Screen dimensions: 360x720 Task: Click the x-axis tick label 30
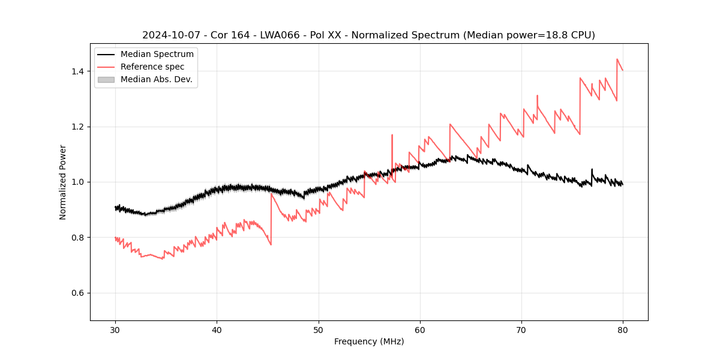click(x=115, y=329)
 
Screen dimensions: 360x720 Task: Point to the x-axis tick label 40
click(x=217, y=329)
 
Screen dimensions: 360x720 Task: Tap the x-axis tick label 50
click(x=318, y=329)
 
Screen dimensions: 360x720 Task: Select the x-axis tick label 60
click(x=420, y=329)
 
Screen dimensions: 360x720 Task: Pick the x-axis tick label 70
click(x=521, y=329)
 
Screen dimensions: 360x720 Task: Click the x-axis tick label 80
click(x=623, y=329)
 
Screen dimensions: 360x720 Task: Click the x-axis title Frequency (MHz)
click(x=369, y=341)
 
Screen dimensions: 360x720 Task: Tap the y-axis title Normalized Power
click(x=62, y=182)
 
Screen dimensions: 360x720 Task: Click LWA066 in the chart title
click(x=280, y=35)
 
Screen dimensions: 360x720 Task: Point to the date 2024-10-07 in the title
click(x=170, y=35)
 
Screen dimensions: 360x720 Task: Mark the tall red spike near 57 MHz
click(x=392, y=136)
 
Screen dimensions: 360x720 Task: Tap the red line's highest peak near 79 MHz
click(x=617, y=59)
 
